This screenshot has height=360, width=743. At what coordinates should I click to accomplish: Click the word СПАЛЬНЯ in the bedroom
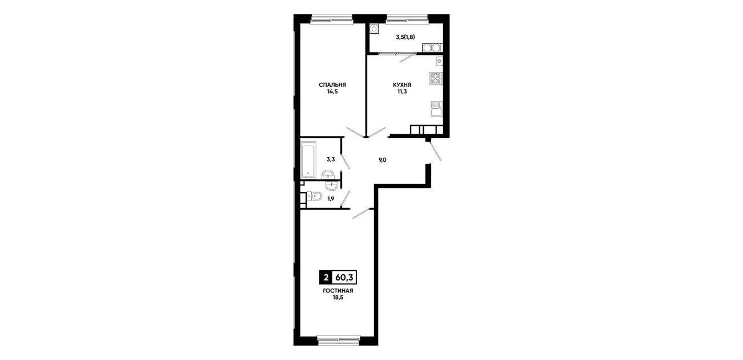(x=332, y=85)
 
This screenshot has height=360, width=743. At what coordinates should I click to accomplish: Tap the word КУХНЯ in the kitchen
(x=402, y=85)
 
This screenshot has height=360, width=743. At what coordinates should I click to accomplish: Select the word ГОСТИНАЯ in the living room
(x=338, y=291)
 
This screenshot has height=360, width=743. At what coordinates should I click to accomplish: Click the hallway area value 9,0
(x=383, y=160)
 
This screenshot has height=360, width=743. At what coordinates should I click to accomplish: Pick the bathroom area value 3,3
(x=331, y=159)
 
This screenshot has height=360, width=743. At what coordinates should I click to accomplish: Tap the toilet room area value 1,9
(x=331, y=199)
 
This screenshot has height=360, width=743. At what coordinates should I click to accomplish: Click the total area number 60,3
(x=344, y=277)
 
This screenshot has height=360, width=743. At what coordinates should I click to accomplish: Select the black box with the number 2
(x=326, y=277)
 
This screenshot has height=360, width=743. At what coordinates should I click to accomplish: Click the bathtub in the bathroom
(x=308, y=159)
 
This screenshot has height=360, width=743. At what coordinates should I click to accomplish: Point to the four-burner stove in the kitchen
(x=436, y=78)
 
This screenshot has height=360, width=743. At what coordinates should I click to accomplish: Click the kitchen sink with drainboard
(x=436, y=109)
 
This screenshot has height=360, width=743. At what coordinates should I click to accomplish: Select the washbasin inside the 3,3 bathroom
(x=328, y=174)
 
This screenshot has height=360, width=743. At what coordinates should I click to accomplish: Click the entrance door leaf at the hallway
(x=435, y=151)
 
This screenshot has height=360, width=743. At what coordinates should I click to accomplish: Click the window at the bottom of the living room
(x=338, y=339)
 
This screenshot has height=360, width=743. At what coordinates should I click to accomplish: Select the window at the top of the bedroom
(x=331, y=19)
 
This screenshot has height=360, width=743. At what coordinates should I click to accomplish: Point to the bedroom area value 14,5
(x=332, y=92)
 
